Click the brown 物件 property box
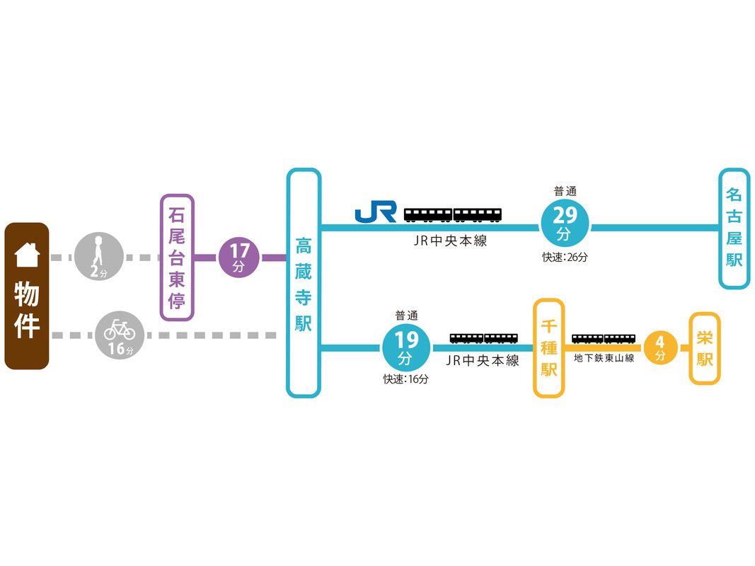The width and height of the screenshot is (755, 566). point(27,296)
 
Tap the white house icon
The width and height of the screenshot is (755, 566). point(27,254)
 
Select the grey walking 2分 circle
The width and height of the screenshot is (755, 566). point(99,256)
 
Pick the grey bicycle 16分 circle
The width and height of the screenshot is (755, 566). point(120,335)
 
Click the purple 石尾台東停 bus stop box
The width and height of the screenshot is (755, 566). point(177,257)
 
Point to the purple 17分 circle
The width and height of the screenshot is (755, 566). point(240,257)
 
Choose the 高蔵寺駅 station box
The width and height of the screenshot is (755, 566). point(304,282)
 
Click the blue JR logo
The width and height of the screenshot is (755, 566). point(375,212)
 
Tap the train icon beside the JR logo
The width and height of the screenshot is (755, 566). point(453,214)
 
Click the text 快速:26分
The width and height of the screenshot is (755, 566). point(565,258)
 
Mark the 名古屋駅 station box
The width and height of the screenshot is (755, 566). point(734,228)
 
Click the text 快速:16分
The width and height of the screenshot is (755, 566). point(406,379)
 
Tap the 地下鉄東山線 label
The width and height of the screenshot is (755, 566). point(604,358)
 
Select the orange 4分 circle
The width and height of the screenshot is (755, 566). point(661,349)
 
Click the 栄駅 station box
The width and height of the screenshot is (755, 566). point(705,348)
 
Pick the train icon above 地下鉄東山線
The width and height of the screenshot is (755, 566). point(604,338)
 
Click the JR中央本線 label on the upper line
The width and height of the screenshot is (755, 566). point(451,241)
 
